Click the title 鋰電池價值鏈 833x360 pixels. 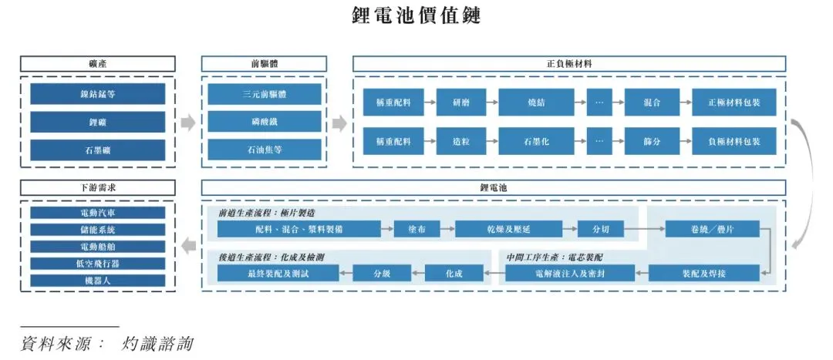point(416,15)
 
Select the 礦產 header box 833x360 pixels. point(97,64)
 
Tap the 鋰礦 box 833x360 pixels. point(97,122)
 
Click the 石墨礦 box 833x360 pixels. point(97,150)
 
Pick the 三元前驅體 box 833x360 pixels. point(265,94)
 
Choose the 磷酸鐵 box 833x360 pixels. point(265,122)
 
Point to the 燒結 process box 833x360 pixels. point(536,102)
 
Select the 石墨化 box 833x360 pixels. point(536,141)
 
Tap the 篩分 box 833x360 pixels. point(652,141)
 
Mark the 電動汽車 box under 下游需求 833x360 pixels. point(97,212)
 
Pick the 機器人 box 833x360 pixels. point(97,280)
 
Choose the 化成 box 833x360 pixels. point(454,273)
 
